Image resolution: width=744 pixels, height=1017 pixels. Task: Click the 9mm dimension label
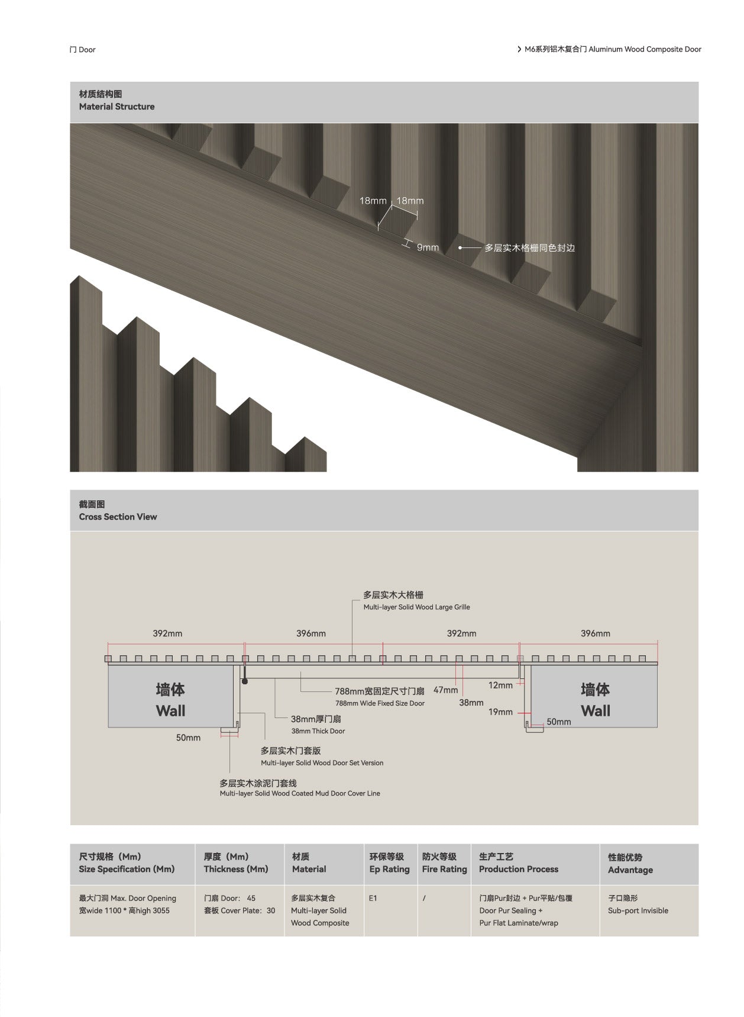pos(427,247)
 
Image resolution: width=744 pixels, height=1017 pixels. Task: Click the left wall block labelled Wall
pos(170,700)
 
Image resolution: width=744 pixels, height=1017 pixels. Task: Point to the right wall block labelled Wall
pos(595,700)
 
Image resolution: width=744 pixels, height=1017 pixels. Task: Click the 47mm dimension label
pos(445,690)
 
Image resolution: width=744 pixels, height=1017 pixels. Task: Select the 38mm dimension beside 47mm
pos(471,703)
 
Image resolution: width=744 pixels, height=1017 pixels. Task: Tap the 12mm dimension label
pos(500,685)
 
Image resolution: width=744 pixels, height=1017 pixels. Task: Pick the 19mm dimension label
pos(500,712)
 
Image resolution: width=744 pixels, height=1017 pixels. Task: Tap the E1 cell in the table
pos(373,898)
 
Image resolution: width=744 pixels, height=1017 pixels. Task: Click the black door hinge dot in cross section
pos(244,682)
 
